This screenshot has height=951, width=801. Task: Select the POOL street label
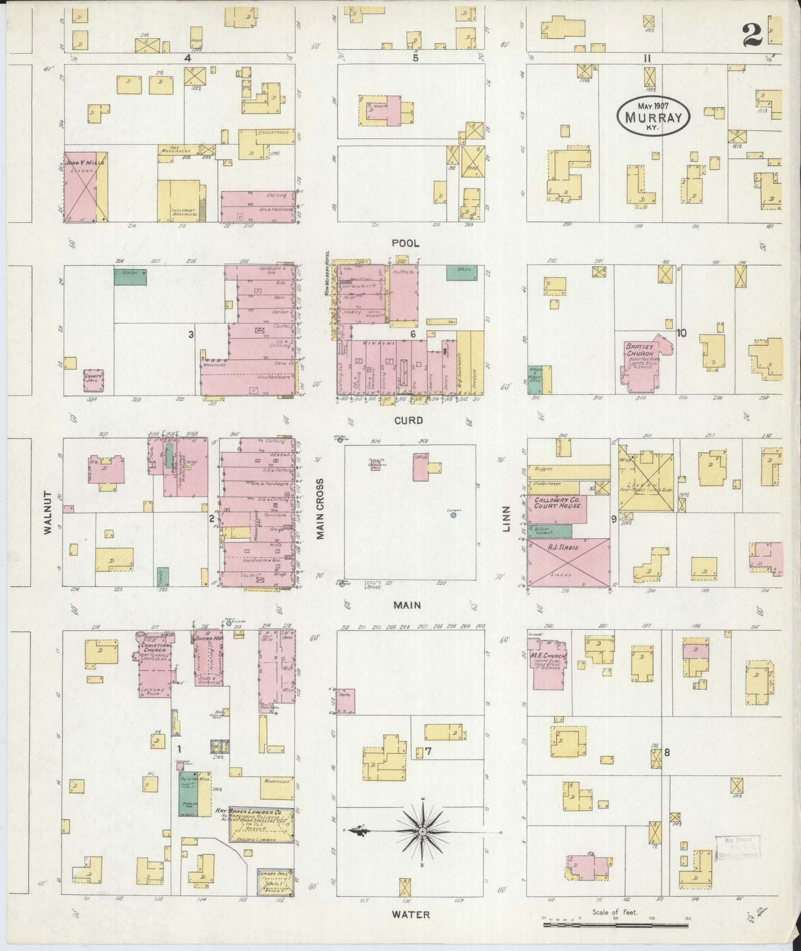(x=405, y=243)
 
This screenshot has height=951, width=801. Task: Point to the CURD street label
(x=409, y=420)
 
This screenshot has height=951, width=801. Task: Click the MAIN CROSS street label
(x=320, y=508)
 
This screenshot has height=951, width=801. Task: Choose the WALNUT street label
(x=48, y=512)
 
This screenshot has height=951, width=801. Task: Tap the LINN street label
(x=506, y=521)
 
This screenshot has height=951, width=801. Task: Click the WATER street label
(x=411, y=914)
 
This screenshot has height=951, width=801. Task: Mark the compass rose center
(x=422, y=832)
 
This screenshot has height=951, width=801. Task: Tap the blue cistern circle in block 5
(x=453, y=515)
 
